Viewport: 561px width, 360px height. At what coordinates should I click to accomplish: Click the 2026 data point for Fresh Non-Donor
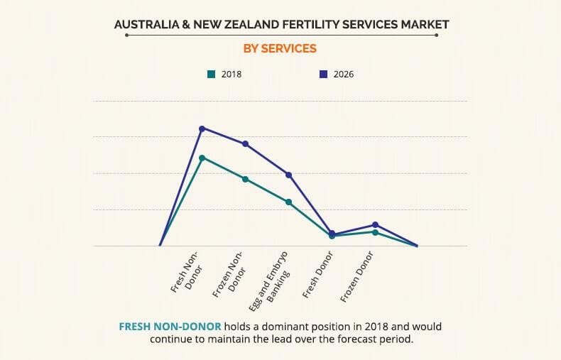tap(202, 129)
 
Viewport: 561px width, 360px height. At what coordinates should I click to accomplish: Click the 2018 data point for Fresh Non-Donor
tap(202, 158)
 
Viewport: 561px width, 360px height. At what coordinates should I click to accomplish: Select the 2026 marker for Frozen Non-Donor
tap(246, 144)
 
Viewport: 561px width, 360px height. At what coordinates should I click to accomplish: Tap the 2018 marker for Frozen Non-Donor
tap(246, 179)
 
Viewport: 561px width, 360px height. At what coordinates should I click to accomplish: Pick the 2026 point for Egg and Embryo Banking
tap(288, 175)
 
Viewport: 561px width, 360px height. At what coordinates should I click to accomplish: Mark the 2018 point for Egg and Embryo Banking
tap(288, 202)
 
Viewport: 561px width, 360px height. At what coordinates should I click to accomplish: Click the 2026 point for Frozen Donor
tap(375, 225)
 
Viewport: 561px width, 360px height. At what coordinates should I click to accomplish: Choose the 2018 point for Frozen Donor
tap(375, 232)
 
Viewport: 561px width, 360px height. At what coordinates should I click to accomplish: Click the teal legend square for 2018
tap(211, 74)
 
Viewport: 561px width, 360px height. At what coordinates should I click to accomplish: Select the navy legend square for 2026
tap(322, 74)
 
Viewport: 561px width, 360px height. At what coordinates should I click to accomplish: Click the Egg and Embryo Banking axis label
tap(271, 279)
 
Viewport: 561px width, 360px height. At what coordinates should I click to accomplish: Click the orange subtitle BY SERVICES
tap(280, 49)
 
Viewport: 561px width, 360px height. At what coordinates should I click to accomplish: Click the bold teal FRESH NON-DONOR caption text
tap(170, 327)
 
